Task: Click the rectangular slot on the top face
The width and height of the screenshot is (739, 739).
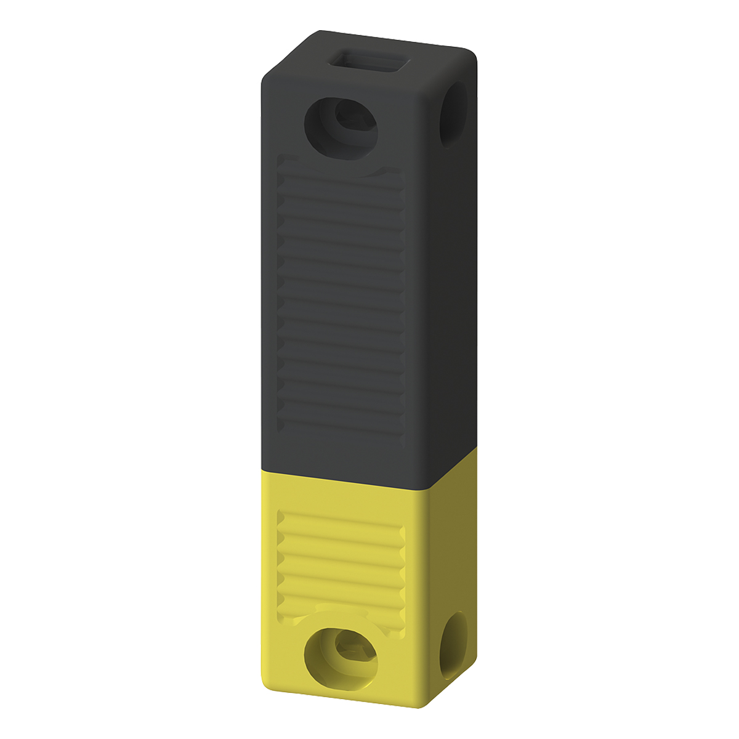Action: point(369,63)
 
